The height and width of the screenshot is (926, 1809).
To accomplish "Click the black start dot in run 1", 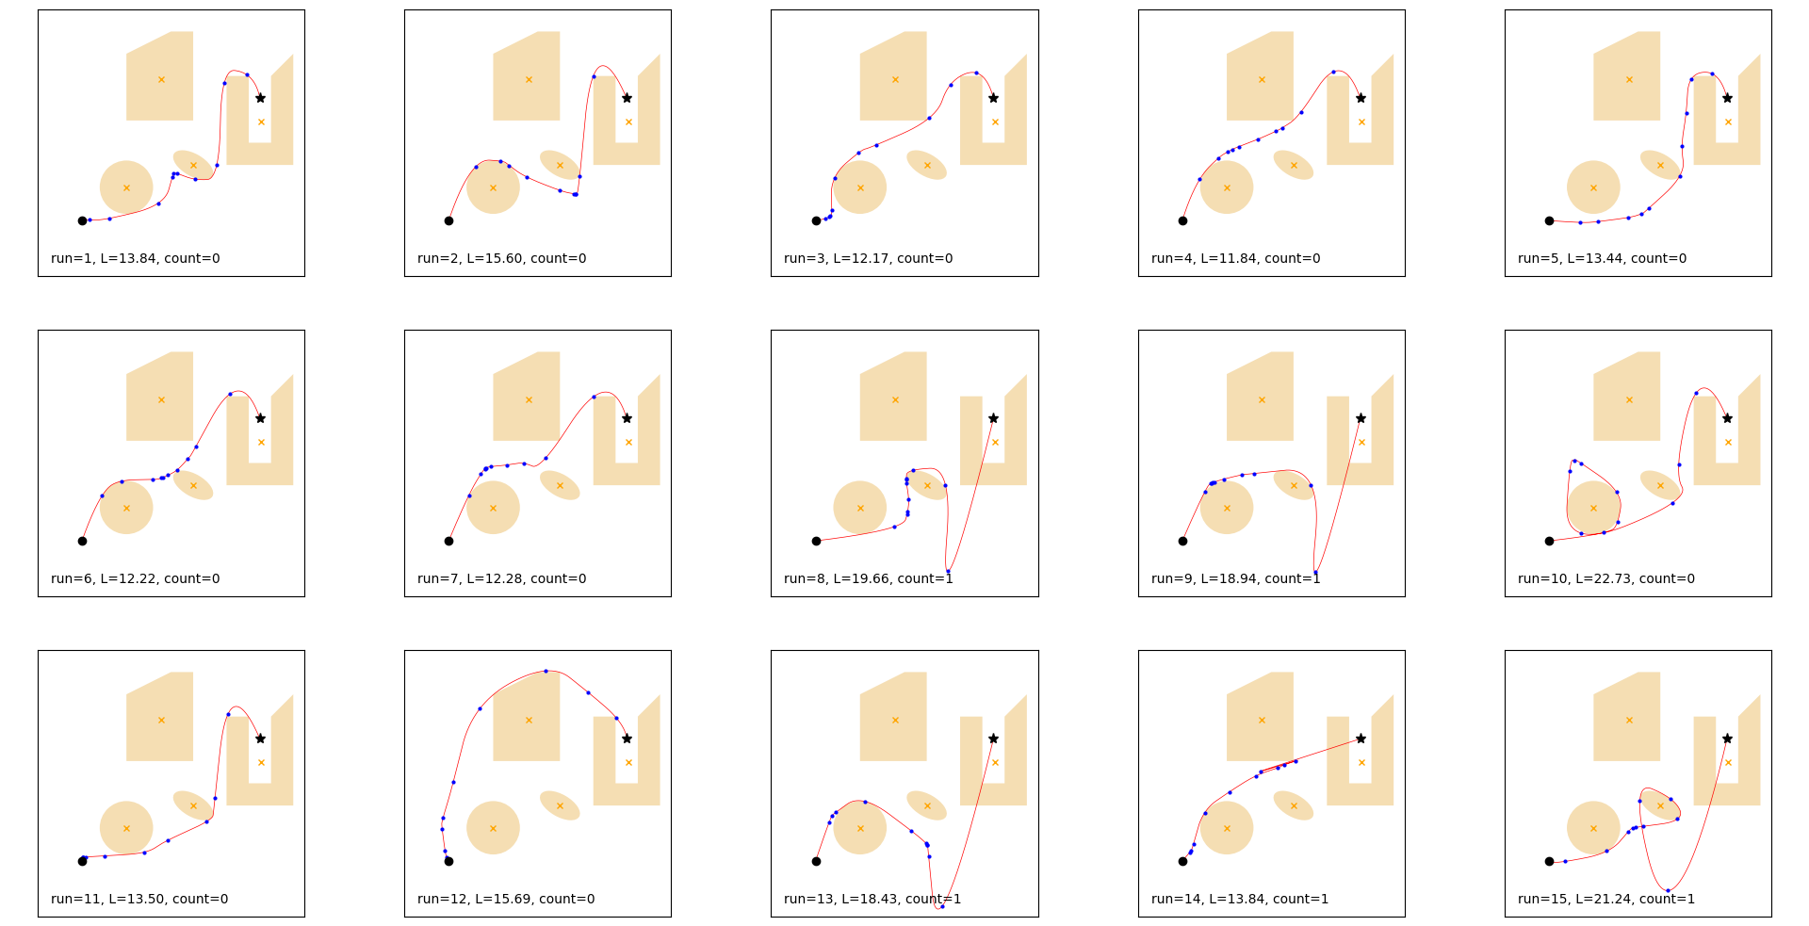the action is [x=82, y=220].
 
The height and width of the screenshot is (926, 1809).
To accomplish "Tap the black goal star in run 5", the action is [x=1727, y=98].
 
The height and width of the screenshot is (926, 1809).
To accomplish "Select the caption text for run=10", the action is [x=1605, y=578].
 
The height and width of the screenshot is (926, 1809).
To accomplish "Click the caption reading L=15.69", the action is [x=506, y=899].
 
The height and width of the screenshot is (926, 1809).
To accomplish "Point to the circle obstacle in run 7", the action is [x=493, y=508].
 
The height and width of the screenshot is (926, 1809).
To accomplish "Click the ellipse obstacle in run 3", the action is [x=926, y=165].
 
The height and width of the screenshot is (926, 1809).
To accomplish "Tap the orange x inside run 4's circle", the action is [x=1227, y=187].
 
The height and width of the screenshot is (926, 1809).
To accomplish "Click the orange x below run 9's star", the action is [x=1361, y=442].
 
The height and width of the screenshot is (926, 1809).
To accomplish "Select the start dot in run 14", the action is [x=1182, y=861].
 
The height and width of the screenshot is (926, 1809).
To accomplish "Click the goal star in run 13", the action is [x=993, y=739].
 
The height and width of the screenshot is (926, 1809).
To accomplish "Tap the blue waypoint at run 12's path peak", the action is [x=546, y=671].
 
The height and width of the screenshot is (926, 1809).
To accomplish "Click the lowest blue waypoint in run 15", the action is [x=1668, y=890].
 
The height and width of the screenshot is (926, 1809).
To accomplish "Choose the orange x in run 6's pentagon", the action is [x=161, y=399].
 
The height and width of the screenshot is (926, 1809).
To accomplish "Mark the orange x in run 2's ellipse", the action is [x=560, y=165].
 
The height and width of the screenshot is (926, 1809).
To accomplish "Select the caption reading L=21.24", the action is [x=1605, y=899].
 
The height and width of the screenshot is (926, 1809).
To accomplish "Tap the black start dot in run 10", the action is [x=1549, y=541].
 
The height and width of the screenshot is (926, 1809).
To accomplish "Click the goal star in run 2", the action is [x=627, y=98].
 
